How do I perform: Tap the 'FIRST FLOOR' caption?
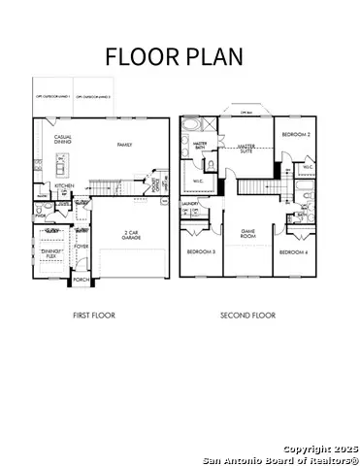[96, 316]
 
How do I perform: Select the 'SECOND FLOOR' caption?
[248, 316]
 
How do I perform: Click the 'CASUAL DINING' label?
[63, 139]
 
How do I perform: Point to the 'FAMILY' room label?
[125, 145]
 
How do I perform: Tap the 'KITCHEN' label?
[64, 185]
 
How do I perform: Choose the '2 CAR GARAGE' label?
[134, 234]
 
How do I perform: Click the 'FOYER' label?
[82, 246]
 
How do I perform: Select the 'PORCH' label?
[82, 280]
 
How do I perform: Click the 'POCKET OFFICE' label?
[155, 181]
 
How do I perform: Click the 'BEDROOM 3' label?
[201, 252]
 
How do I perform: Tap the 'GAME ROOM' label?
[247, 234]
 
